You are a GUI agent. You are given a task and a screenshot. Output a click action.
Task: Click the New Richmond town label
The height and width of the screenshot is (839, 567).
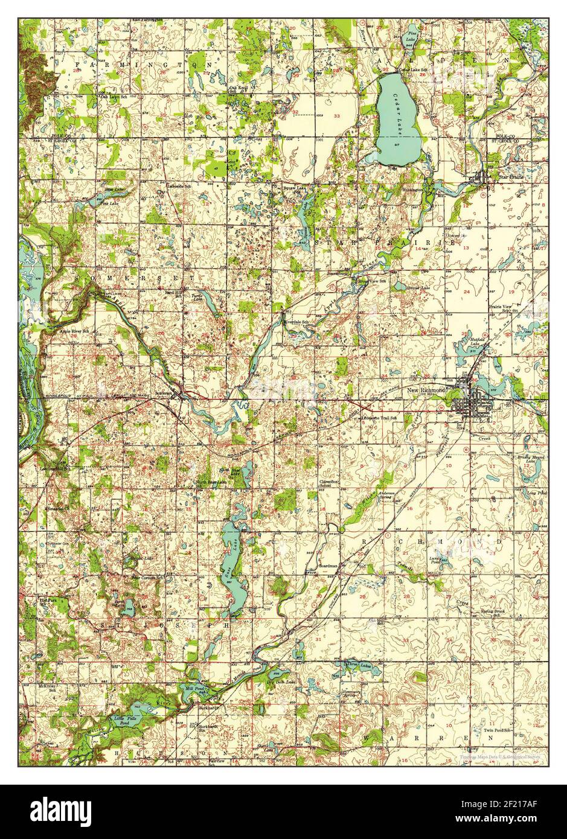click(x=426, y=391)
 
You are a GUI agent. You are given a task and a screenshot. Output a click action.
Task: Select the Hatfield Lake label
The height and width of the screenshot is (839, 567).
click(x=477, y=342)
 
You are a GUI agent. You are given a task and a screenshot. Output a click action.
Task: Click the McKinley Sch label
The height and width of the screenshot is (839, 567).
click(x=50, y=688)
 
